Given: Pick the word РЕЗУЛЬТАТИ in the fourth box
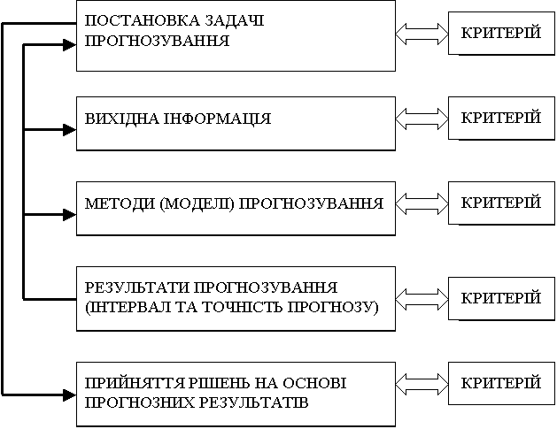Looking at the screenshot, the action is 136,287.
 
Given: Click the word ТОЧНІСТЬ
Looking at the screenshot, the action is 243,307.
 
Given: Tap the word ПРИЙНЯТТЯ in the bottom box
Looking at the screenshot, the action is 135,383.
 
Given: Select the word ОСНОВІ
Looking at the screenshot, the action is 314,383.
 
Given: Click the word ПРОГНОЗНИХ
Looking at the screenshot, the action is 139,402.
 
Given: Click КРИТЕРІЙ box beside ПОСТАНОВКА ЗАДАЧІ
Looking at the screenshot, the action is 501,34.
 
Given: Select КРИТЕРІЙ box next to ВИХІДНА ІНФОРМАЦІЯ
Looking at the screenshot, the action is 501,119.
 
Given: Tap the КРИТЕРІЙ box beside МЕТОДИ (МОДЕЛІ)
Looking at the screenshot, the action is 501,203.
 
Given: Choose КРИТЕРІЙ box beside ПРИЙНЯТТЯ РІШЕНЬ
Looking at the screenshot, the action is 501,383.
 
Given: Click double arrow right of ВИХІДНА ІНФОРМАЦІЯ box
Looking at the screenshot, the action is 422,119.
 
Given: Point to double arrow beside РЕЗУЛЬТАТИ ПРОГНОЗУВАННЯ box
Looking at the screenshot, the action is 422,299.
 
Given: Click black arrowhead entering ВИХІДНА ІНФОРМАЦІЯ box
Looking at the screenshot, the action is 70,130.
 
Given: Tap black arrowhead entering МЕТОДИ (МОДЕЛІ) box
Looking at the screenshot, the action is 70,215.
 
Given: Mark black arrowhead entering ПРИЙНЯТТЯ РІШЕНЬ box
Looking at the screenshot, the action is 70,395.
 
